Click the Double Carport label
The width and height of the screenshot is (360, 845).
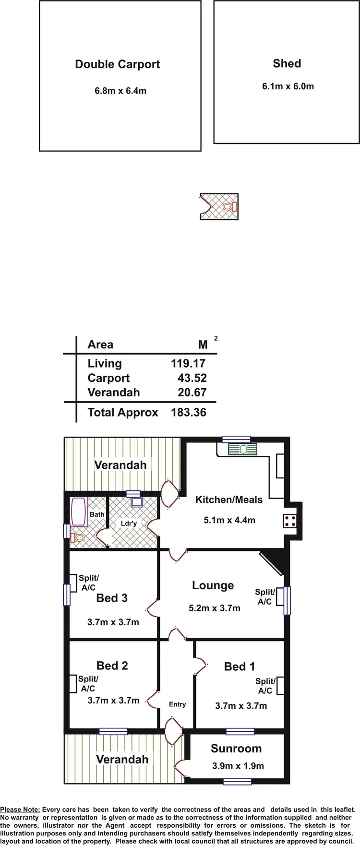[117, 64]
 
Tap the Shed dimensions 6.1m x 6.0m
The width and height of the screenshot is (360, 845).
[288, 86]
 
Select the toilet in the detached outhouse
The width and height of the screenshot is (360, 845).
[233, 207]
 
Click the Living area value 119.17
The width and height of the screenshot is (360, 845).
[188, 364]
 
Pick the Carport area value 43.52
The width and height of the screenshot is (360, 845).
[192, 378]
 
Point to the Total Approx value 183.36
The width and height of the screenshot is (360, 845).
[189, 413]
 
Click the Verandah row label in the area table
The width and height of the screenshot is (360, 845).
[113, 393]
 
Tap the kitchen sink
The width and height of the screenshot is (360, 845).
[242, 450]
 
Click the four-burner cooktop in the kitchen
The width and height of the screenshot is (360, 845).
[290, 521]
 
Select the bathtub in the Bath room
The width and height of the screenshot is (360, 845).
[78, 512]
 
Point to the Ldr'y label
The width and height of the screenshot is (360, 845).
[129, 524]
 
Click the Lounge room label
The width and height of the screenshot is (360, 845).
[213, 585]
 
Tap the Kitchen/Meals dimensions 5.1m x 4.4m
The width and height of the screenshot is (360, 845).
[229, 520]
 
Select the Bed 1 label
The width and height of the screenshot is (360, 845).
[239, 666]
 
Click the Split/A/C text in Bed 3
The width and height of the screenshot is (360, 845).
[89, 583]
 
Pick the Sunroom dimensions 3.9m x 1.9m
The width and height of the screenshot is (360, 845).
[238, 766]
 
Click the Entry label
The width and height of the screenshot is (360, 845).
[177, 704]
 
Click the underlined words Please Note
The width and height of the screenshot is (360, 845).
[20, 809]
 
